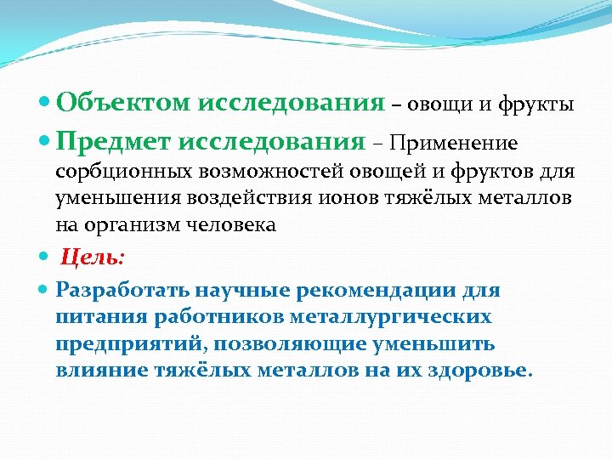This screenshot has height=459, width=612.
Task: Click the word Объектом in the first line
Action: [x=124, y=104]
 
